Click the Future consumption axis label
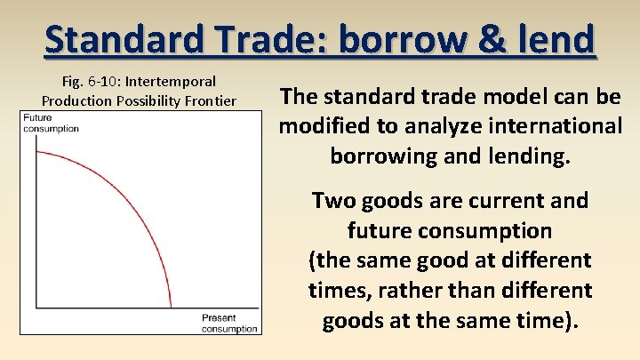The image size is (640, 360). pos(51,123)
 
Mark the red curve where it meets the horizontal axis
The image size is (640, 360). pos(171,308)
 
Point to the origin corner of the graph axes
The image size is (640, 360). pos(34,308)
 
